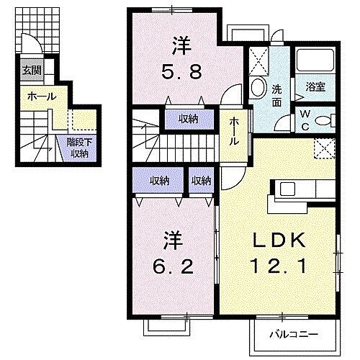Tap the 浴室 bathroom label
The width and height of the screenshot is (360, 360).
click(316, 86)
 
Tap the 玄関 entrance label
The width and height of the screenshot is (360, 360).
click(31, 71)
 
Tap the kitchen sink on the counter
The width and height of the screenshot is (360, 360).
click(286, 190)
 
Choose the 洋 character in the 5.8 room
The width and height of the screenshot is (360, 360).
click(180, 45)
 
